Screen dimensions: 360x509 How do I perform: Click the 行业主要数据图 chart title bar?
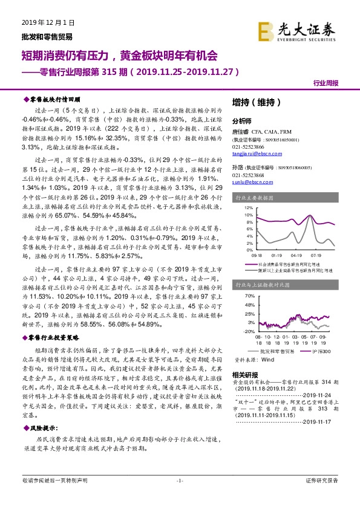click(285, 197)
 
